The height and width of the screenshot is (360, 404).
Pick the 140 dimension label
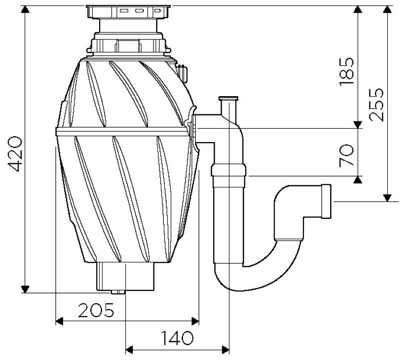176,338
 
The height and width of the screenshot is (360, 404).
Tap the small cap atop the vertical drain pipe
228,100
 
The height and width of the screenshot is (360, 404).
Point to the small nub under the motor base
118,291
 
